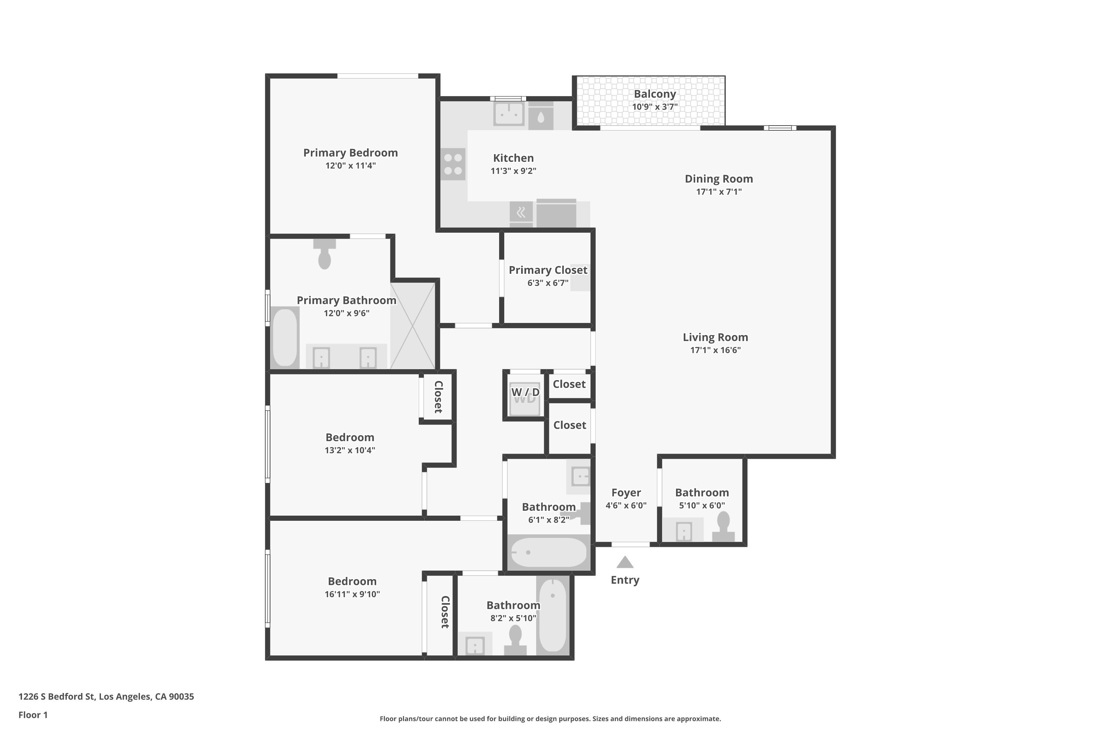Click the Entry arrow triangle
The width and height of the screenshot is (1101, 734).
625,563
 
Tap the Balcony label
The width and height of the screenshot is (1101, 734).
654,94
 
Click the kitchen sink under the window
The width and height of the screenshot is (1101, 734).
508,113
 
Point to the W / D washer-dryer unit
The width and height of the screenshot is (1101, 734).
524,399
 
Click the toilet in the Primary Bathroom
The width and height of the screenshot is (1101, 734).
324,255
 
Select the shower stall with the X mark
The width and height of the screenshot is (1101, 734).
413,326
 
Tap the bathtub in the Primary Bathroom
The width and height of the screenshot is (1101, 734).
285,337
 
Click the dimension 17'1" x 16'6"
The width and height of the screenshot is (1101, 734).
715,350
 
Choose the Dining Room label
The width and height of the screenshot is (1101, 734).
719,179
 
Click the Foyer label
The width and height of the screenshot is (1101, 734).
625,493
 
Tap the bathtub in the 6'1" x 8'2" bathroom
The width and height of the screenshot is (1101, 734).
548,552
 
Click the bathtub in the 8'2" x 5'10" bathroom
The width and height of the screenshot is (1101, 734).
552,615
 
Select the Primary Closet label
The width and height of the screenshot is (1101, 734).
548,270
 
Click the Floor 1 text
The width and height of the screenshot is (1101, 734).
33,715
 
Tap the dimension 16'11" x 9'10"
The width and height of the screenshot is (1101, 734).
352,594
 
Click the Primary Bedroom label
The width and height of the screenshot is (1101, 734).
350,153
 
